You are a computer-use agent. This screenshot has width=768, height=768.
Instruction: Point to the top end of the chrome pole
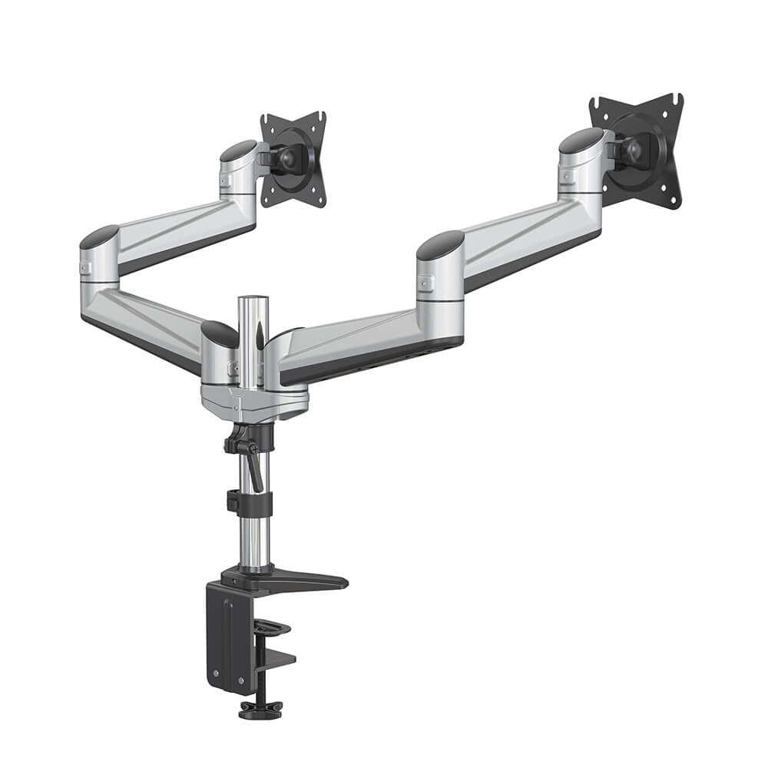pyautogui.click(x=252, y=301)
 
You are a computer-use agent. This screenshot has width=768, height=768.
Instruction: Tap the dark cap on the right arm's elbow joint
pyautogui.click(x=441, y=244)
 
